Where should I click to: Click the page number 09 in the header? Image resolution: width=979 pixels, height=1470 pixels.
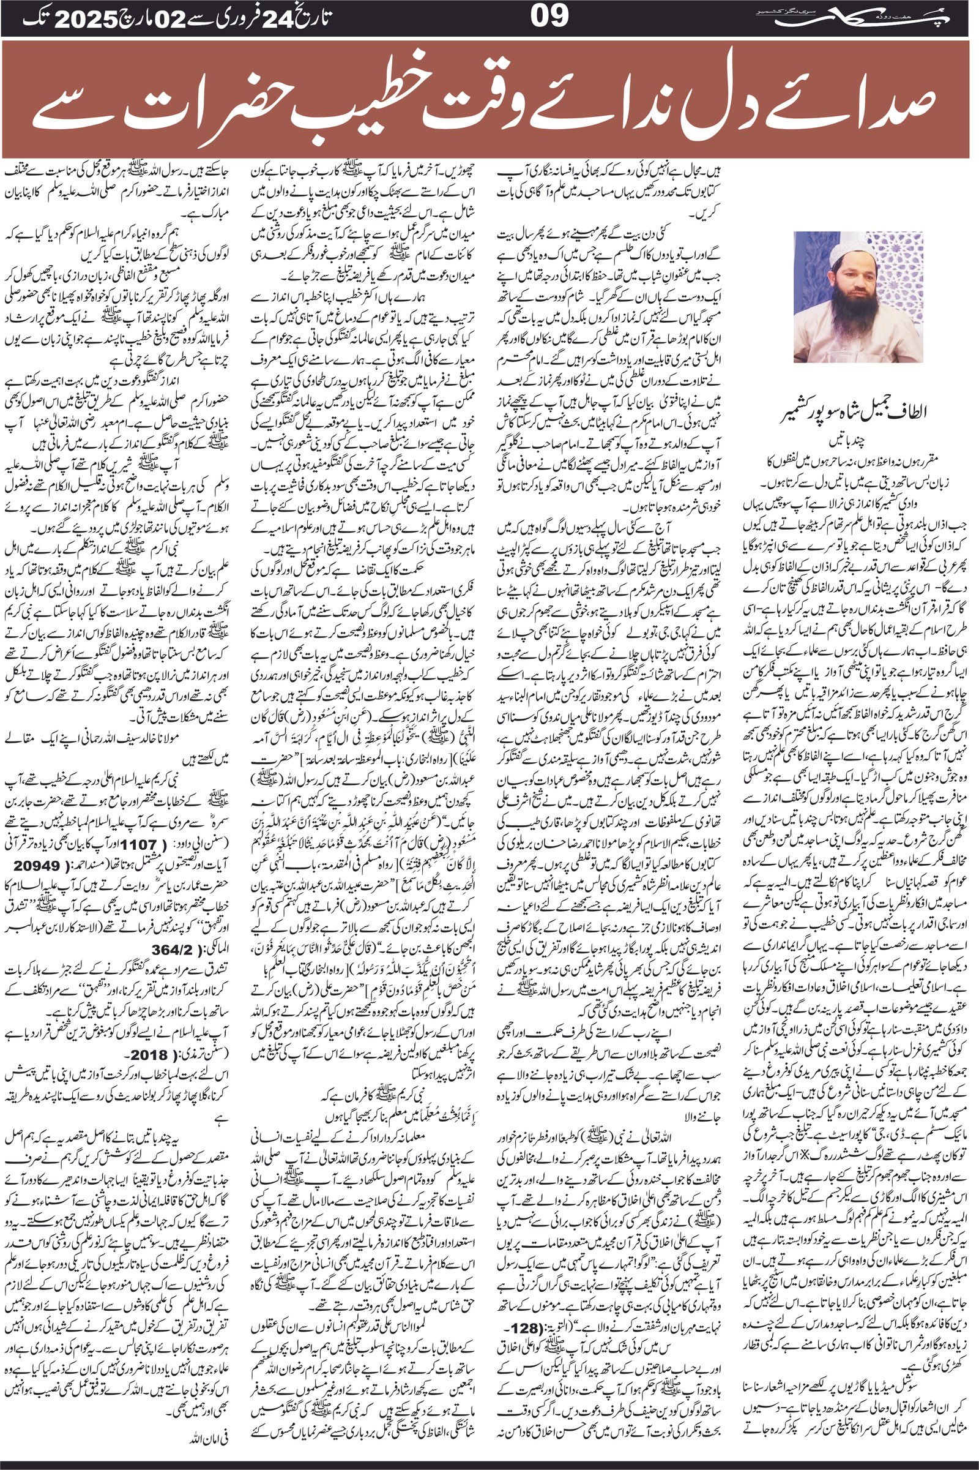click(550, 18)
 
